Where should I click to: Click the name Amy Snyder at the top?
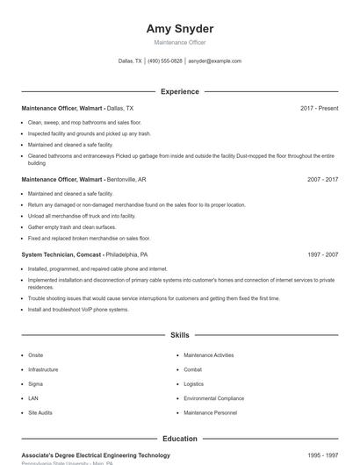tap(179, 29)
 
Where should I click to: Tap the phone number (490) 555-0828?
tap(165, 61)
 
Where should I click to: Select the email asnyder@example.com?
tap(214, 61)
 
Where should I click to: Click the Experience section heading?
tap(179, 91)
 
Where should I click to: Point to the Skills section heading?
tap(179, 335)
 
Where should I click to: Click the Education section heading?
tap(179, 439)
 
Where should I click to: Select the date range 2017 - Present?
tap(319, 108)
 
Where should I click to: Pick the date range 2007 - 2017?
tap(322, 179)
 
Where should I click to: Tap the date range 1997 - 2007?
tap(322, 254)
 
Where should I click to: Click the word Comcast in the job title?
tap(90, 254)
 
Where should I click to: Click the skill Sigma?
tap(35, 383)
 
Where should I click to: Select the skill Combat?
tap(193, 369)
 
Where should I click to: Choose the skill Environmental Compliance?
tap(213, 397)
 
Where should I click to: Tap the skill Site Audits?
tap(40, 411)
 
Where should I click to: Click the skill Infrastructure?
tap(43, 369)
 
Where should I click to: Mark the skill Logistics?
tap(193, 383)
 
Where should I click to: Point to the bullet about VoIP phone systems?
tap(78, 310)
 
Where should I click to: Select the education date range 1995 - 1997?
tap(322, 455)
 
